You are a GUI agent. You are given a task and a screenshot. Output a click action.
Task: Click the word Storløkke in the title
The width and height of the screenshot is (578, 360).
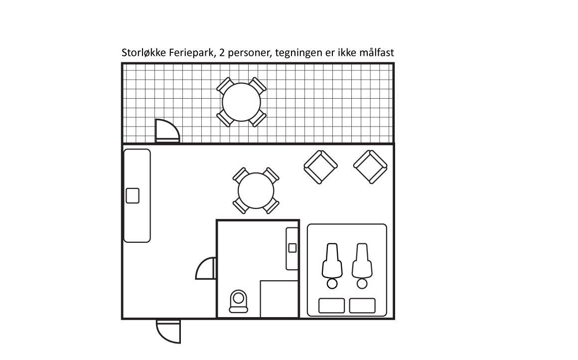point(142,53)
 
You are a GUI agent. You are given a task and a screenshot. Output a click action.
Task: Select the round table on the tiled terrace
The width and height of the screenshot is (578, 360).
point(241,102)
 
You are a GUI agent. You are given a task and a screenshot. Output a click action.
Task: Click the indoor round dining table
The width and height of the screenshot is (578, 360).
point(256,190)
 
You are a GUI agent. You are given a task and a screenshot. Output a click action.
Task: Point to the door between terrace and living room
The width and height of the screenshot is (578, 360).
point(167,132)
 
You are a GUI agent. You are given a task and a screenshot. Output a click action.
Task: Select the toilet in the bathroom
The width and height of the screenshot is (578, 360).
point(238,301)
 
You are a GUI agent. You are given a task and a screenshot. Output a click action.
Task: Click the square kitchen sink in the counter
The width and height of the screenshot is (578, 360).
point(133,195)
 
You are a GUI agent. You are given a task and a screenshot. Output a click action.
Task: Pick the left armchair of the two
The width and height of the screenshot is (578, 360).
point(320,167)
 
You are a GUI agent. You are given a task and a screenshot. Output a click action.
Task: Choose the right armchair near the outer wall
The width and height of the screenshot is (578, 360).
point(370,167)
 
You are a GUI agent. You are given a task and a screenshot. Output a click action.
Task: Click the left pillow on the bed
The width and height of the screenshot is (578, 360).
point(331,306)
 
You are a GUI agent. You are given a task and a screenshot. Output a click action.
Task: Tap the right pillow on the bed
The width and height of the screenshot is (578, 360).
point(362,306)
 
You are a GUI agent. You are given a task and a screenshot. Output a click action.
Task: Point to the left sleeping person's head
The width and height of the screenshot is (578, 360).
point(332,284)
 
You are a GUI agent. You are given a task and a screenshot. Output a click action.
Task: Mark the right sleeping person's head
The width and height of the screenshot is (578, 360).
point(362,284)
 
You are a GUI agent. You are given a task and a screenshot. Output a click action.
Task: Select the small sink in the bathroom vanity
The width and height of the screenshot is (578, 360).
point(292,248)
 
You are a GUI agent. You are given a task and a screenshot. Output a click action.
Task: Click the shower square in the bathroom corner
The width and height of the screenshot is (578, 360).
point(279,299)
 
